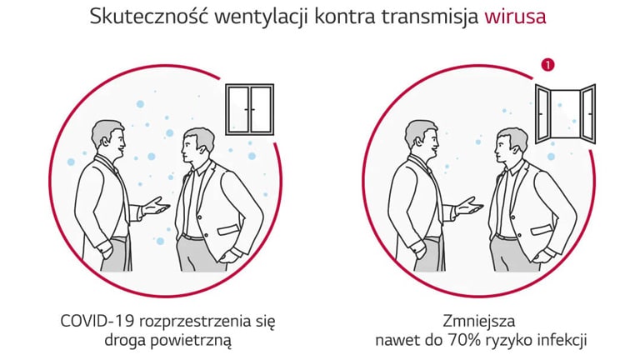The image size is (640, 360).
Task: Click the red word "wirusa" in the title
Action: pyautogui.click(x=515, y=17)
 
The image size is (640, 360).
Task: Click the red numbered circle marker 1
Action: pyautogui.click(x=547, y=64)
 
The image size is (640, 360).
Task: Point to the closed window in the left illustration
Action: pyautogui.click(x=250, y=109)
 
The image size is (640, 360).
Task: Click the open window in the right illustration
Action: pyautogui.click(x=565, y=114)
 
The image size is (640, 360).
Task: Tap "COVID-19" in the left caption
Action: pyautogui.click(x=97, y=321)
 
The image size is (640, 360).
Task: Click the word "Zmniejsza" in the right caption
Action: pyautogui.click(x=479, y=321)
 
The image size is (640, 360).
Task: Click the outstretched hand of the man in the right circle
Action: pyautogui.click(x=469, y=206)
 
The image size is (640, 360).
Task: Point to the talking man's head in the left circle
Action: pyautogui.click(x=108, y=138)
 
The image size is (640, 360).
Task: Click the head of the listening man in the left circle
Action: pyautogui.click(x=197, y=146)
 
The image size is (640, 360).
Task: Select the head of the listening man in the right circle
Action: pyautogui.click(x=512, y=146)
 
